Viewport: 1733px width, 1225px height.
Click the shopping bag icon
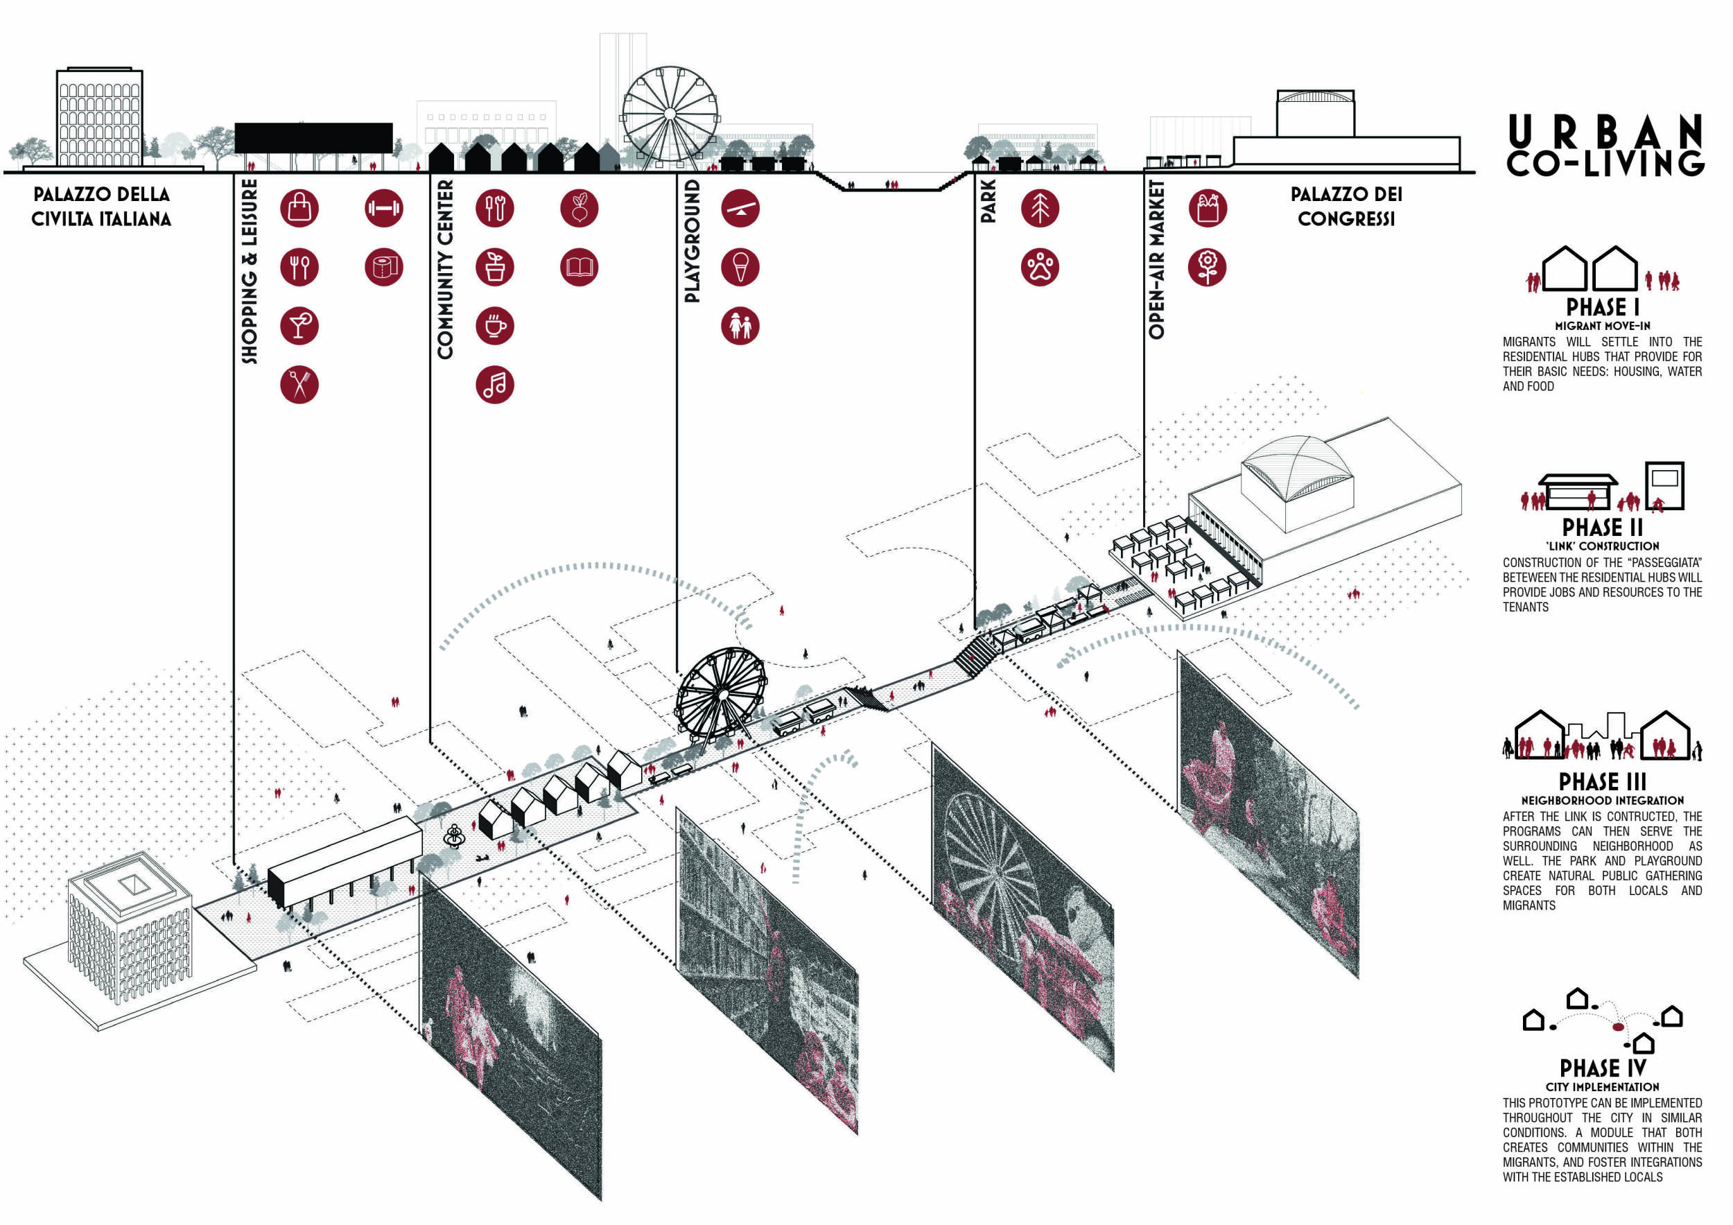299,207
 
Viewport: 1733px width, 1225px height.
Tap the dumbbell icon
383,207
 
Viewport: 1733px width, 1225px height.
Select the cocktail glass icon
299,326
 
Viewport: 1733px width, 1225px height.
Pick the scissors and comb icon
299,385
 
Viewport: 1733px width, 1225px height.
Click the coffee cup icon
494,326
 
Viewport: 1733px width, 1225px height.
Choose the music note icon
494,385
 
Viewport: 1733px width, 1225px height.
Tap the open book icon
579,266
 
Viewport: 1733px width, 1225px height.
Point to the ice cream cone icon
740,266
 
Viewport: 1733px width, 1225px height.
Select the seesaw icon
740,207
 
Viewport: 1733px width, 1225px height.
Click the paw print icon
1039,266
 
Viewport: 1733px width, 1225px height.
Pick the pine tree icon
1039,207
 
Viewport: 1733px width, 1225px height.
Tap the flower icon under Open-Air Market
1207,266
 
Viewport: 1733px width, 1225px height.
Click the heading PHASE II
1602,527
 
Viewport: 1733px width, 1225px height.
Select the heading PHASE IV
1602,1068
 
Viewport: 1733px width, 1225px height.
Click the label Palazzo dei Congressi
1346,206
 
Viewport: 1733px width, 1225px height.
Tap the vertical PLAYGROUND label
691,241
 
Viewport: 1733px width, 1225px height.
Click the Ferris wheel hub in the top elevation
670,114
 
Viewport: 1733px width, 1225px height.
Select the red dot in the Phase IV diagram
1617,1027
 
